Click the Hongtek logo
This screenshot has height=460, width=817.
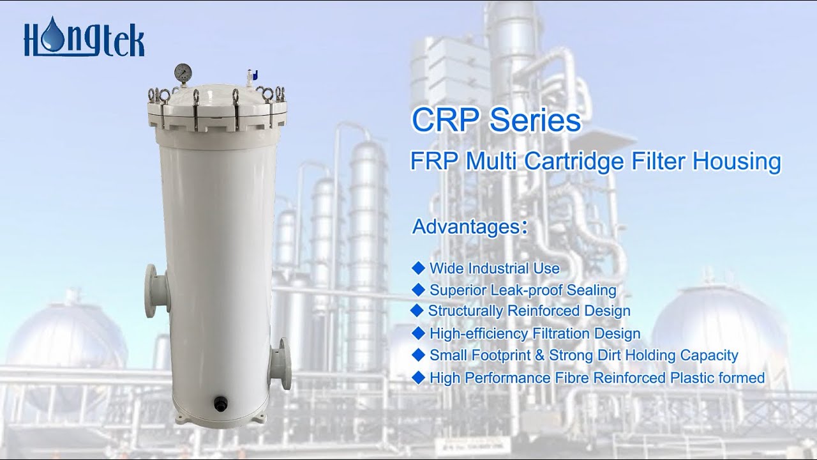[x=84, y=39]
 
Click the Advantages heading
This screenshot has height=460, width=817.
[x=468, y=227]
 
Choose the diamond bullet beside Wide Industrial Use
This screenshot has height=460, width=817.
[x=419, y=268]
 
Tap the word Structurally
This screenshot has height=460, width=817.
[x=465, y=311]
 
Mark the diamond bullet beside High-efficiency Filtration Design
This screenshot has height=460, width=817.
[x=419, y=333]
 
